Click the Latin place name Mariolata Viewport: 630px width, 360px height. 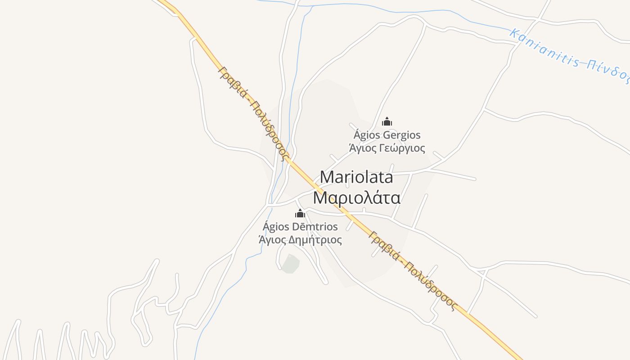(x=356, y=177)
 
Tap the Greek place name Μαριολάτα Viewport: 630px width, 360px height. (x=356, y=198)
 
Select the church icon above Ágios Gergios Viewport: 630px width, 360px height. (x=387, y=121)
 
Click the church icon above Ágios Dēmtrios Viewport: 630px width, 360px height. (x=300, y=213)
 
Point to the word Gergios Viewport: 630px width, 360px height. (x=402, y=135)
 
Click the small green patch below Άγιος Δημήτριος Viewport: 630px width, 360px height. (x=290, y=264)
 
